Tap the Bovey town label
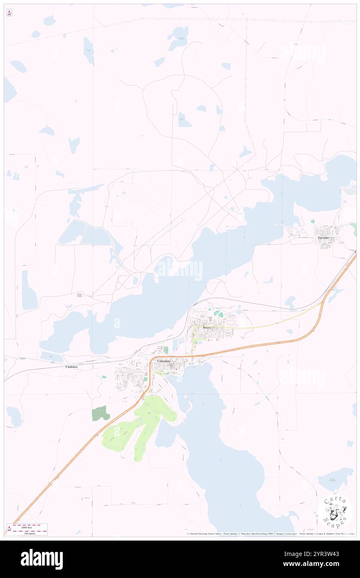tap(207, 328)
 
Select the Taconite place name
tap(323, 237)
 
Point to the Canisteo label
tap(72, 367)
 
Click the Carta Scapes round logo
tap(335, 512)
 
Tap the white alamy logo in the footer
tap(42, 559)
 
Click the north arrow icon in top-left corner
tap(9, 12)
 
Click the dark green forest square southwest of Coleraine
tap(100, 413)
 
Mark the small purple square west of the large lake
tap(79, 295)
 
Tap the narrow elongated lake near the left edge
tap(29, 291)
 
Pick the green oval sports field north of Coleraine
tap(166, 350)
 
